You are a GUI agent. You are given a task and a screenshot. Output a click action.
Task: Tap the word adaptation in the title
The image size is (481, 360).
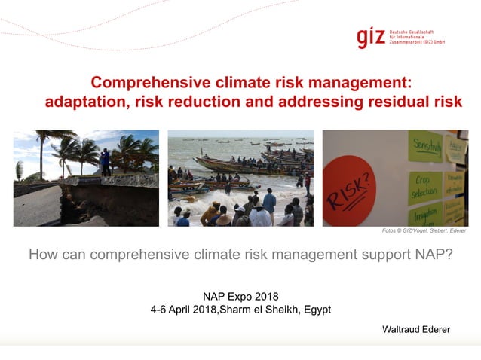tap(85, 102)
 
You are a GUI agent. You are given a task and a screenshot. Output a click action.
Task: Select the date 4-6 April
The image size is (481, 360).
tap(171, 309)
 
